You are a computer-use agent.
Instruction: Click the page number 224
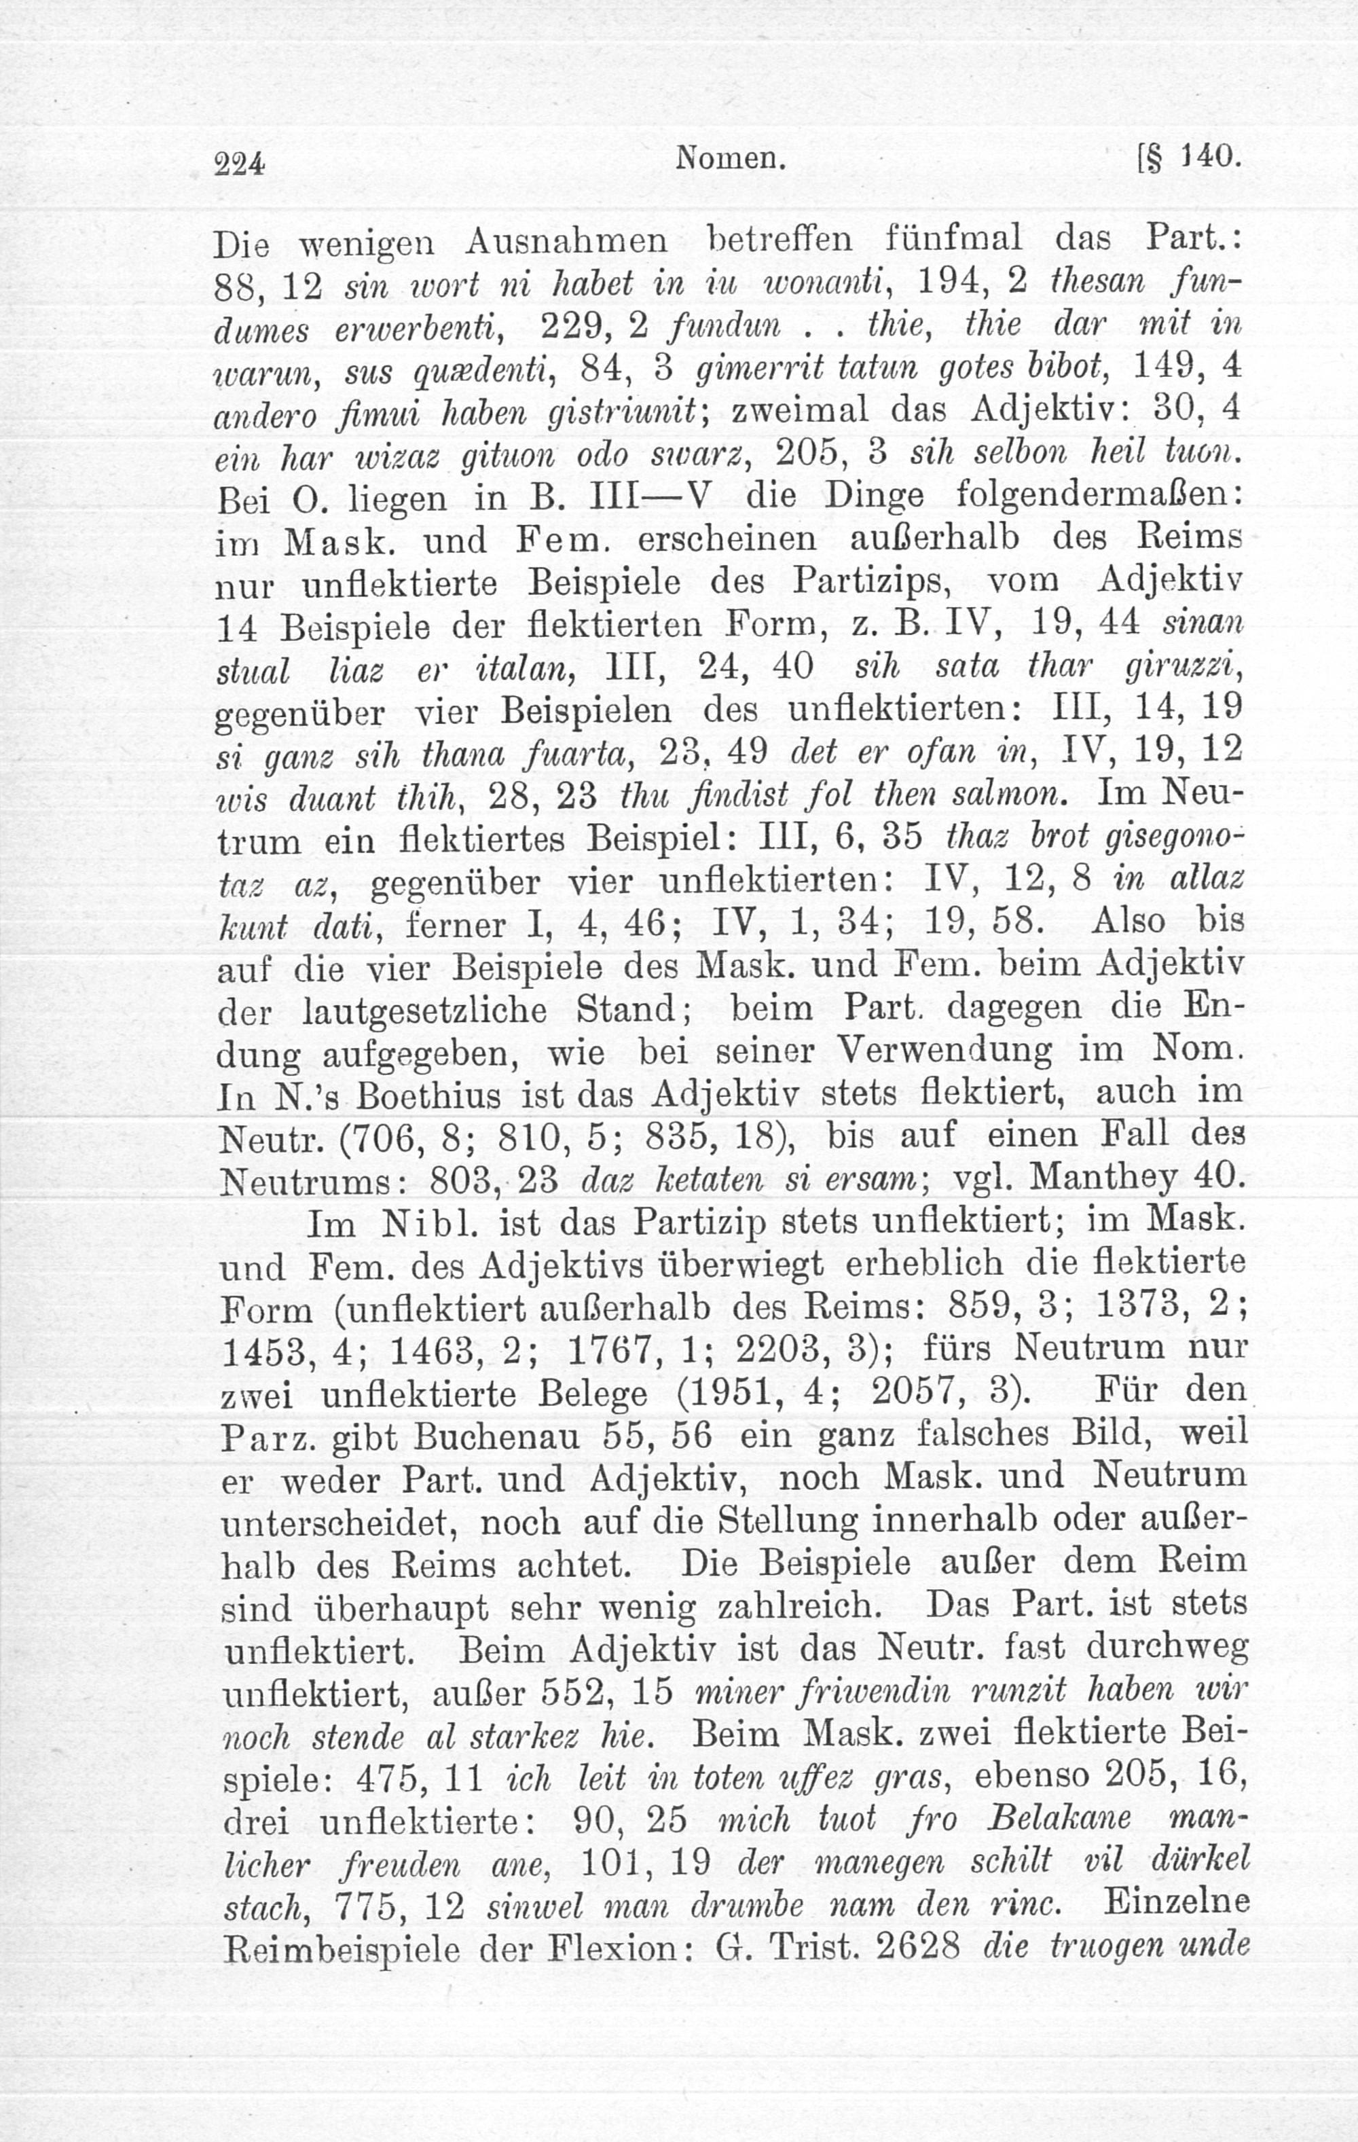pos(240,164)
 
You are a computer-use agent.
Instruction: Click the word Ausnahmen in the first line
pos(566,242)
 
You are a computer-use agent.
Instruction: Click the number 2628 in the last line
pos(919,1946)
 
